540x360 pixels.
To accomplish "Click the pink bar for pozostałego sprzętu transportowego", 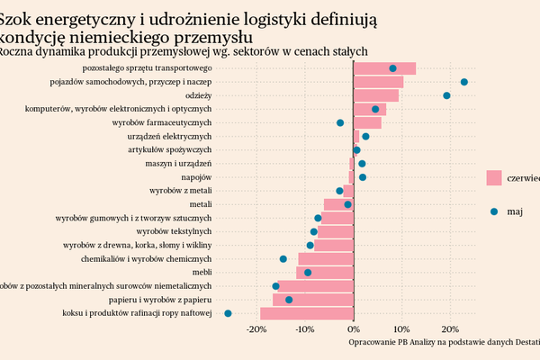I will pyautogui.click(x=384, y=68).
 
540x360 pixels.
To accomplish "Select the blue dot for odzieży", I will pyautogui.click(x=446, y=95).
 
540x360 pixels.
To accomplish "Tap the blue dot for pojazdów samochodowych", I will pyautogui.click(x=463, y=82).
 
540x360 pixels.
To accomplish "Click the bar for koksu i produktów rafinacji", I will pyautogui.click(x=307, y=313).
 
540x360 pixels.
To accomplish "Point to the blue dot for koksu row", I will pyautogui.click(x=228, y=313).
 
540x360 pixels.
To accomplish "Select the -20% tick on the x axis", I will pyautogui.click(x=256, y=328).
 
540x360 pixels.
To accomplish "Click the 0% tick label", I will pyautogui.click(x=354, y=328).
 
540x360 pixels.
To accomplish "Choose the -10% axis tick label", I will pyautogui.click(x=305, y=328).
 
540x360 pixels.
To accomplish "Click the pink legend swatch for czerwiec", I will pyautogui.click(x=493, y=178).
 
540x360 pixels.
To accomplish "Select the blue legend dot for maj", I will pyautogui.click(x=493, y=211).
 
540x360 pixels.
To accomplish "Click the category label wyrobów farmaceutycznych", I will pyautogui.click(x=162, y=122).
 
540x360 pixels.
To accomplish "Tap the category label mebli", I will pyautogui.click(x=202, y=272).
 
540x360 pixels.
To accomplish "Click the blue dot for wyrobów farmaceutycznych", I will pyautogui.click(x=340, y=122).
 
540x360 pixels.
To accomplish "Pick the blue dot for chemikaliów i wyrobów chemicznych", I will pyautogui.click(x=283, y=258).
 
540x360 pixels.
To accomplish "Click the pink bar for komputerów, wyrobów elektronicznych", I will pyautogui.click(x=370, y=109).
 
